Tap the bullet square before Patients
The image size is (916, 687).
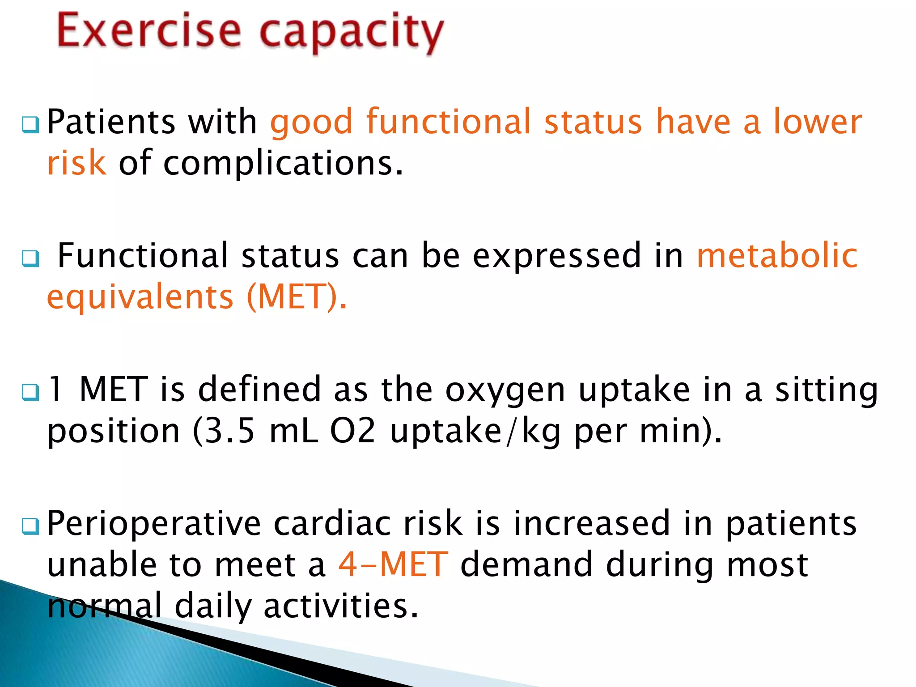click(30, 125)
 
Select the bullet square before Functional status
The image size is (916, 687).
click(30, 258)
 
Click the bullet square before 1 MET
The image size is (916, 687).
click(30, 392)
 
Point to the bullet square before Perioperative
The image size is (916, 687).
click(30, 526)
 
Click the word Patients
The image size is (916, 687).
click(111, 122)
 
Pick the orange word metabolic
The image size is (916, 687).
click(777, 255)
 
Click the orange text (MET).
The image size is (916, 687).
click(296, 297)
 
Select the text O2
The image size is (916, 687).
click(352, 431)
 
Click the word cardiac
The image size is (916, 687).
click(332, 523)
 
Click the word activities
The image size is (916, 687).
click(341, 606)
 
